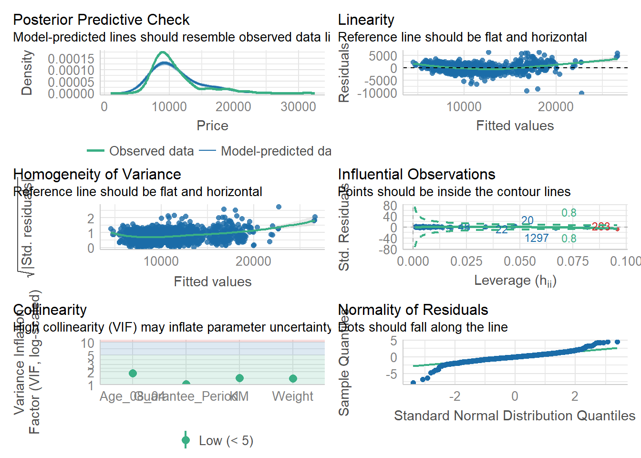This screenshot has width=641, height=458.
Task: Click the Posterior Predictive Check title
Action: (x=101, y=20)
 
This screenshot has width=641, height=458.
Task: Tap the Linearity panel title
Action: (x=366, y=20)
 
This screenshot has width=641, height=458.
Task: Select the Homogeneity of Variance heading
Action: (x=97, y=174)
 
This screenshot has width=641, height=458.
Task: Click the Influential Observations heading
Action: (x=416, y=174)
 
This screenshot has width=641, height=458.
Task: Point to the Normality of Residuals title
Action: (x=413, y=310)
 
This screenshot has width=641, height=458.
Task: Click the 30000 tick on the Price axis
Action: (x=298, y=106)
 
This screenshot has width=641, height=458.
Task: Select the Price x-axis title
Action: (x=212, y=125)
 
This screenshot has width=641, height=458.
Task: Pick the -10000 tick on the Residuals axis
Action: (x=380, y=93)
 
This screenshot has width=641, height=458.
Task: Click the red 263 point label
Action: (x=600, y=227)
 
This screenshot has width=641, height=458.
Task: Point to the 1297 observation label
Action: (x=537, y=238)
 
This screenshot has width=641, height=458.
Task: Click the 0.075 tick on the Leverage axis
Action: (x=573, y=261)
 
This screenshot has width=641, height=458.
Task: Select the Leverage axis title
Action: (x=515, y=281)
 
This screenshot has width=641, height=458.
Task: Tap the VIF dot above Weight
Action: (x=293, y=378)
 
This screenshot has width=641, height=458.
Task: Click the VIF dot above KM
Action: (x=239, y=378)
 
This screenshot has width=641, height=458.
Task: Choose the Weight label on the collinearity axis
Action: (x=292, y=396)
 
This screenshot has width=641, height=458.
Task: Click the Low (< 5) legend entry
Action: (x=226, y=440)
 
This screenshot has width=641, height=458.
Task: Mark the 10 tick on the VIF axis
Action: (x=88, y=343)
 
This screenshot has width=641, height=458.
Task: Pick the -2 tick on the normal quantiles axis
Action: (x=455, y=396)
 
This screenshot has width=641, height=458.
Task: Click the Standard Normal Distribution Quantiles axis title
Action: (x=514, y=416)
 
